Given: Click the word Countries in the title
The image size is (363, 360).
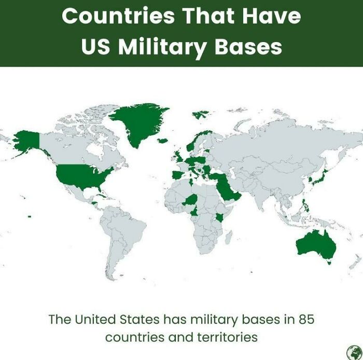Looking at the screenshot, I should pos(119,16).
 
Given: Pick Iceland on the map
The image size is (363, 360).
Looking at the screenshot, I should pos(162,140).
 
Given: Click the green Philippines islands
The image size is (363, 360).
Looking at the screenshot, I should pos(305,205).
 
